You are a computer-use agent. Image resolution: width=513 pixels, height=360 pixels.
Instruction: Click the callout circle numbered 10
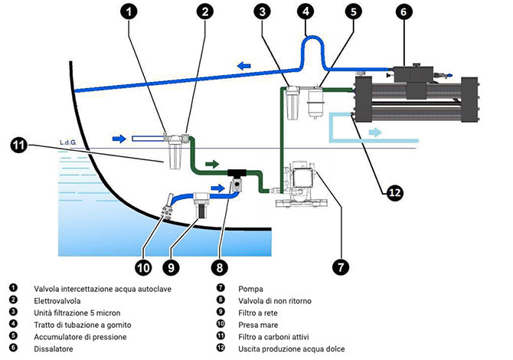coord(142,267)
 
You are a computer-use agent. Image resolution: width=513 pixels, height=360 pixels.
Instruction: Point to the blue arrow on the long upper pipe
coord(244,67)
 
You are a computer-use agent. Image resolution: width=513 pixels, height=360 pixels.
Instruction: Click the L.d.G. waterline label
coord(68,142)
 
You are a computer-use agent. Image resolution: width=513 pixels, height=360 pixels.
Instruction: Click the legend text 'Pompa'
coord(250,289)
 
